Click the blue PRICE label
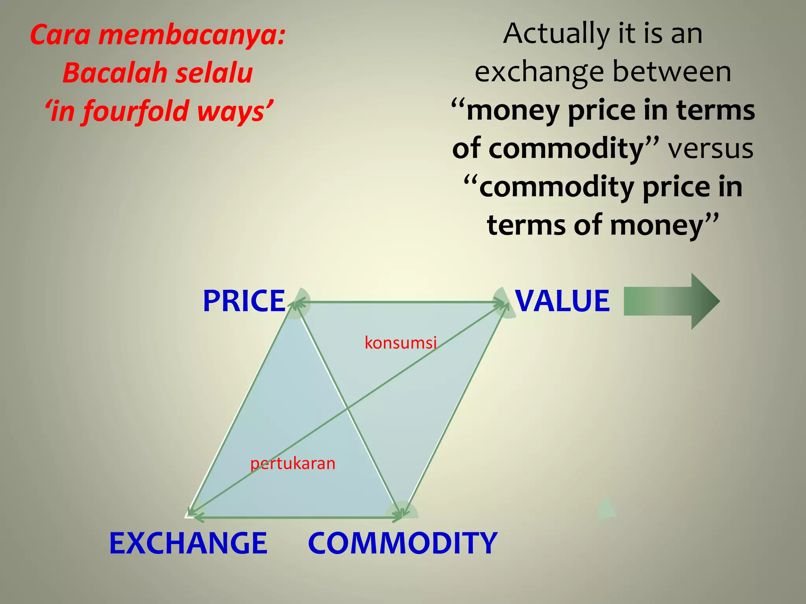(x=244, y=301)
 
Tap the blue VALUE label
(x=562, y=301)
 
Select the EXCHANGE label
(x=189, y=543)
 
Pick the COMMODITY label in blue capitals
(x=403, y=543)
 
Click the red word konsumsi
(x=401, y=343)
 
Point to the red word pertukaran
(x=293, y=464)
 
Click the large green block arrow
(x=671, y=301)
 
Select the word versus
(x=710, y=149)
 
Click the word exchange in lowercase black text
(x=539, y=73)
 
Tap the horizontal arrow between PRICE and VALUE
(x=399, y=302)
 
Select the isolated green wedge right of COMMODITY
(x=606, y=509)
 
